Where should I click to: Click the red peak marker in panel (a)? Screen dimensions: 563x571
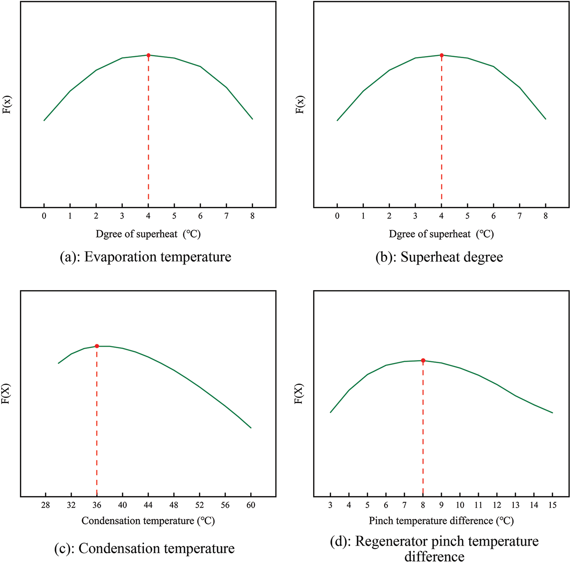click(148, 55)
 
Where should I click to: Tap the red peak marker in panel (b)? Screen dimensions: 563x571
click(442, 55)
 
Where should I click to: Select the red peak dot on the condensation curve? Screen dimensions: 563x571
click(97, 346)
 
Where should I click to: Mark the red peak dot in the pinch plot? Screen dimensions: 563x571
click(423, 361)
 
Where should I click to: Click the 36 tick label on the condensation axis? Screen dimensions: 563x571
click(97, 505)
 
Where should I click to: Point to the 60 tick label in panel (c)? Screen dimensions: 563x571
click(251, 505)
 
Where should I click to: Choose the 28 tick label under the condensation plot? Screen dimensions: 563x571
click(46, 505)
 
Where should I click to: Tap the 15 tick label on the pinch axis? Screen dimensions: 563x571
click(552, 505)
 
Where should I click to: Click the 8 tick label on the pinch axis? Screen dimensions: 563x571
click(423, 505)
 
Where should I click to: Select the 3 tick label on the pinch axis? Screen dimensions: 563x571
click(330, 505)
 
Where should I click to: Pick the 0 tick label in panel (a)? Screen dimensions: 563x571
click(44, 216)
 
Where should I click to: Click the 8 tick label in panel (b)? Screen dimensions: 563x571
click(546, 216)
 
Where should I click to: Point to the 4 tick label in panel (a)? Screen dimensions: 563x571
click(148, 216)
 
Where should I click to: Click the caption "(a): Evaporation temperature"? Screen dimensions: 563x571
click(145, 257)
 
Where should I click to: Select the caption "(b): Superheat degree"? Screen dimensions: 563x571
click(439, 257)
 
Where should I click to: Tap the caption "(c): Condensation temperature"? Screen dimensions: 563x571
click(144, 548)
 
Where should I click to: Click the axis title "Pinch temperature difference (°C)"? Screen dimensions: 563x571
click(441, 521)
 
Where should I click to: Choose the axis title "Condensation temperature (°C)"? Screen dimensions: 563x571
click(148, 521)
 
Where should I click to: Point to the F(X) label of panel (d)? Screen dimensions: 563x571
click(299, 394)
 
